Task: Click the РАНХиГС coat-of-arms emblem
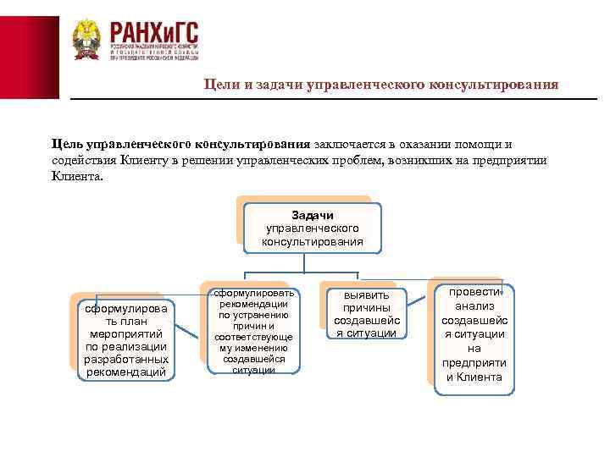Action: [86, 40]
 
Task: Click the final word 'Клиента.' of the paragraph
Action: [75, 178]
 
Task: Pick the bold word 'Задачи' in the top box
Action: [312, 215]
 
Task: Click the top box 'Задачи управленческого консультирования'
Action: [312, 228]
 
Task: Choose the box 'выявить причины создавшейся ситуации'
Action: [365, 313]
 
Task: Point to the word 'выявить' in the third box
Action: [365, 295]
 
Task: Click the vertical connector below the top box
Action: [312, 263]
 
